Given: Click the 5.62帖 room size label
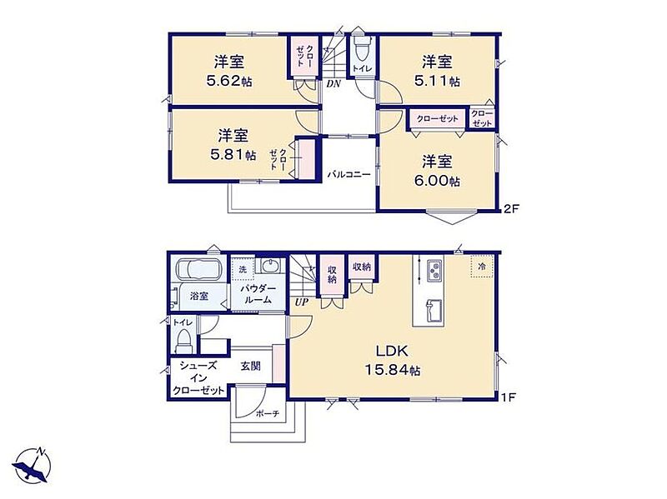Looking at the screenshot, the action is tap(228, 81).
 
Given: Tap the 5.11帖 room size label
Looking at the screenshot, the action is tap(437, 81).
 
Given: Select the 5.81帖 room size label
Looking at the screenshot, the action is tap(233, 154).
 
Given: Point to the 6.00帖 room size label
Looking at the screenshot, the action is tap(437, 181).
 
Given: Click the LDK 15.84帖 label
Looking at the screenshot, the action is tap(392, 361).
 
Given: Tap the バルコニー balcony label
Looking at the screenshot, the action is tap(349, 174).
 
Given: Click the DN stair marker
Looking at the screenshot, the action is tap(333, 84).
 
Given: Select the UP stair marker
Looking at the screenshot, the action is tap(302, 302).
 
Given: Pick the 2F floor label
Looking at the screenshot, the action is tap(510, 209).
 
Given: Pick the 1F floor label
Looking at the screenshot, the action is tap(509, 397).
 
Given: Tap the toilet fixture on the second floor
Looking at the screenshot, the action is tap(362, 50).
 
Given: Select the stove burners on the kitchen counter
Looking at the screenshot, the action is tap(434, 270).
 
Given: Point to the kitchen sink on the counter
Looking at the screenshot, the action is tap(433, 310).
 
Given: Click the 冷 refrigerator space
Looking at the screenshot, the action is tap(482, 267).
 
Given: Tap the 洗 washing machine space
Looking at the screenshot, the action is tap(243, 269).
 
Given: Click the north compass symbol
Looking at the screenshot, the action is tap(33, 465).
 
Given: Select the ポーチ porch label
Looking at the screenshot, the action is tap(268, 413).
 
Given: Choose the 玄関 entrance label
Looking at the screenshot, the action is tap(250, 366).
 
